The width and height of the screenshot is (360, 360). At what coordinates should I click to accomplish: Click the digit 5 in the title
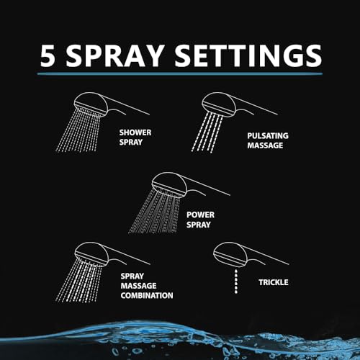pos(48,56)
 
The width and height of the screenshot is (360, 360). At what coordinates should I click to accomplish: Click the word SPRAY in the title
pos(114,56)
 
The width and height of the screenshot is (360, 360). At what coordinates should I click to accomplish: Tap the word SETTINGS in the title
pos(248,56)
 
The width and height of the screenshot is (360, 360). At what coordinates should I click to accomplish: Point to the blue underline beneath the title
pos(180,74)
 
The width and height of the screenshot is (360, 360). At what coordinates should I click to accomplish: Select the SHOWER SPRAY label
pos(135,138)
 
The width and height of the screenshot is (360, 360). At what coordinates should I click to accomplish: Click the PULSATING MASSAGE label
pos(268,140)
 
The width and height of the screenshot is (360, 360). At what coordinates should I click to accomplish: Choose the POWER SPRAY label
pos(200,220)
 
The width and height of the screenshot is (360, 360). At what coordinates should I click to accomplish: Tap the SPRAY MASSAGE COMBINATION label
pos(147,286)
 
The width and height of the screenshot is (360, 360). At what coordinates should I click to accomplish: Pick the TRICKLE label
pos(274,282)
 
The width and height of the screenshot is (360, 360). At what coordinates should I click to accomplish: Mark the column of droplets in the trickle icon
pos(236,282)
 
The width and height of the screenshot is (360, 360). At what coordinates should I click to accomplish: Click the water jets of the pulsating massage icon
pos(207,132)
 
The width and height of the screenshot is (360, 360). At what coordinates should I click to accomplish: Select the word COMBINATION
pos(147,295)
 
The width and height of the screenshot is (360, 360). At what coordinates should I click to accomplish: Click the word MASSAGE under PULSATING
pos(265,145)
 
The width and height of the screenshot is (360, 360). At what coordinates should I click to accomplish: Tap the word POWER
pos(200,215)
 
